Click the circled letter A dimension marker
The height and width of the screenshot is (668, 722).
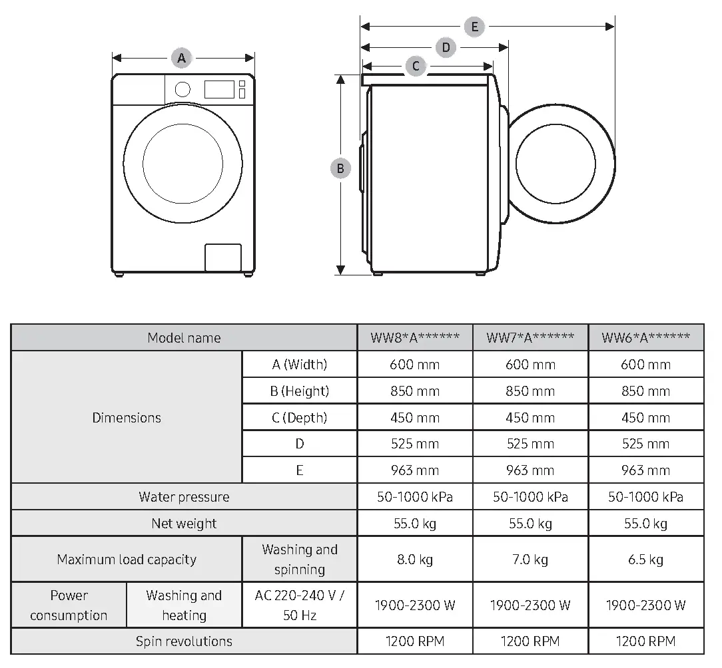click(x=181, y=58)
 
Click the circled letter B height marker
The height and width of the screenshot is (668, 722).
click(x=340, y=168)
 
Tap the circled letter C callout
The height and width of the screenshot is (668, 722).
click(x=416, y=66)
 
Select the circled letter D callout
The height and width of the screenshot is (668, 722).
click(x=446, y=47)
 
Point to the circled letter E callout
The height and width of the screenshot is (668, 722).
click(x=474, y=27)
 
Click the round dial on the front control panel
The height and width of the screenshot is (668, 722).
click(x=182, y=89)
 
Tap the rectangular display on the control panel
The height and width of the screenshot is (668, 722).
click(x=219, y=89)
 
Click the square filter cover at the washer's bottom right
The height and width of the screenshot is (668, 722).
click(x=222, y=257)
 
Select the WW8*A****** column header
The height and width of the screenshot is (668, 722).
click(x=415, y=337)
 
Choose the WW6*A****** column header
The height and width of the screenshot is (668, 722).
click(x=645, y=337)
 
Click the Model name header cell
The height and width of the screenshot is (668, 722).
click(x=184, y=337)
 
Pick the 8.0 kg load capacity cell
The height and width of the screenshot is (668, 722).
click(x=415, y=560)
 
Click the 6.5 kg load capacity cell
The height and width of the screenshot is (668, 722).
click(x=645, y=560)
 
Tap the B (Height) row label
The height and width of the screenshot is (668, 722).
click(x=299, y=391)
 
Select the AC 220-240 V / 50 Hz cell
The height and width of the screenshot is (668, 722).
click(x=299, y=605)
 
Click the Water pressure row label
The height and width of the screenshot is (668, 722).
click(x=184, y=497)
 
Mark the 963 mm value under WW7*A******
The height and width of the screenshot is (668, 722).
click(x=530, y=470)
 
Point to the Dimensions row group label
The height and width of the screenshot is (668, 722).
click(x=127, y=418)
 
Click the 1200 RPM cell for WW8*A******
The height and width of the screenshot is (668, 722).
click(x=415, y=641)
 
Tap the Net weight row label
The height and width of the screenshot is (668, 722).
click(x=184, y=524)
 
